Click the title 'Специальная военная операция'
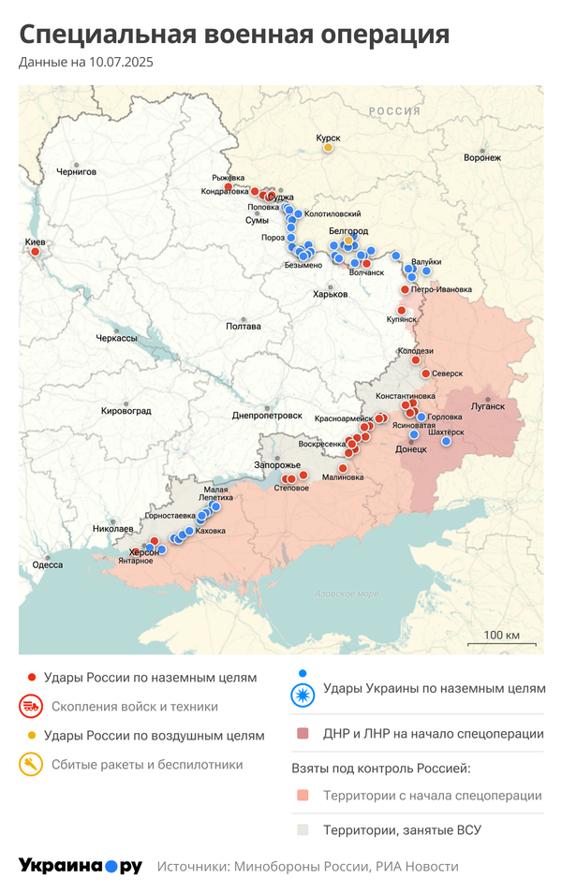point(234,36)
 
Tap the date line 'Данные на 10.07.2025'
point(86,63)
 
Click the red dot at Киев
point(36,251)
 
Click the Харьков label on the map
point(331,294)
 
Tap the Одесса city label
point(47,564)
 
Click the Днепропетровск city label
point(267,415)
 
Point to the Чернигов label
point(76,172)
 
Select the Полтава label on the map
point(244,327)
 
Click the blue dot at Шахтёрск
point(446,441)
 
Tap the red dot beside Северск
point(425,373)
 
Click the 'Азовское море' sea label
point(347,593)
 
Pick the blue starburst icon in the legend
point(303,694)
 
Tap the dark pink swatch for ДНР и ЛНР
point(302,734)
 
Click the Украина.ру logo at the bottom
point(81,866)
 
